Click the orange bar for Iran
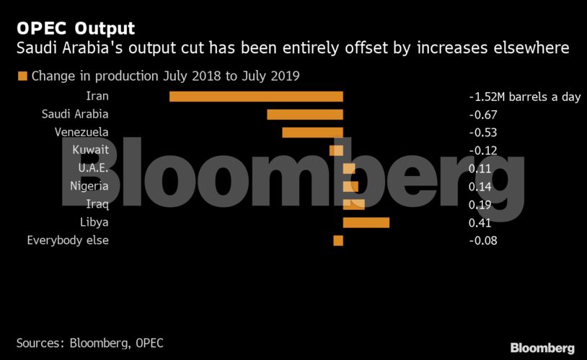(256, 96)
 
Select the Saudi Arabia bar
(305, 114)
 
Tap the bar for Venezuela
(312, 132)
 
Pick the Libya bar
(366, 222)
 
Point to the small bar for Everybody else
(338, 240)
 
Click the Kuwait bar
(336, 150)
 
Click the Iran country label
(97, 96)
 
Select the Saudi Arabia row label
(75, 114)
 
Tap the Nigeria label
(89, 186)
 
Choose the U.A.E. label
(93, 168)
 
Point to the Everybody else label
(68, 240)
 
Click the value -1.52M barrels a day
(524, 97)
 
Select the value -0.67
(483, 115)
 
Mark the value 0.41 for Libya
(480, 223)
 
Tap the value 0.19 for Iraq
(480, 205)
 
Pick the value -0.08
(483, 241)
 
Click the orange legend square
(22, 76)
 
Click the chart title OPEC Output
(75, 29)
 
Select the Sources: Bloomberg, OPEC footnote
(89, 343)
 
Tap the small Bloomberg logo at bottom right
(542, 348)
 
